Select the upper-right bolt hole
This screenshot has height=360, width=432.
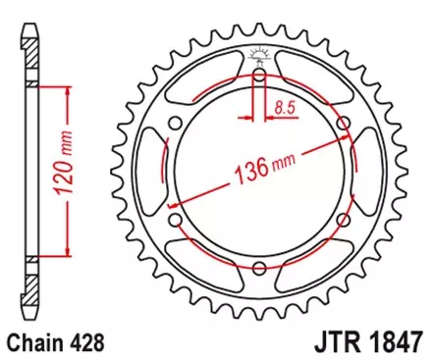pos(344,122)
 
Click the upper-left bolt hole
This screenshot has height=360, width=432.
pos(174,123)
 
